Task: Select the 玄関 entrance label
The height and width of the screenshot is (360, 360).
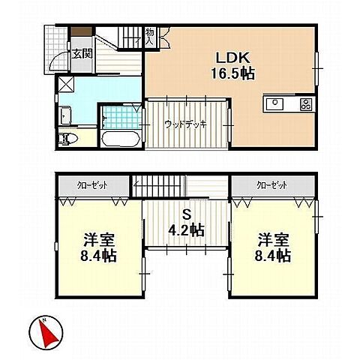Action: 82,53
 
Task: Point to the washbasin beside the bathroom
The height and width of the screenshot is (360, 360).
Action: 64,115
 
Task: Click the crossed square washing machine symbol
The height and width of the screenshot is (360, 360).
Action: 64,85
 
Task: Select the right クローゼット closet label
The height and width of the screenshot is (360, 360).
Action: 269,184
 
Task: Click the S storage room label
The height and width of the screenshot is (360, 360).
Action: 185,213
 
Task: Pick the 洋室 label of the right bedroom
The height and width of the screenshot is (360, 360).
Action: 273,241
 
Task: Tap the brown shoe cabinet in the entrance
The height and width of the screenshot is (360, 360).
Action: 80,31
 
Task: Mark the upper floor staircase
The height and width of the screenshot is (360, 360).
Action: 160,184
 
